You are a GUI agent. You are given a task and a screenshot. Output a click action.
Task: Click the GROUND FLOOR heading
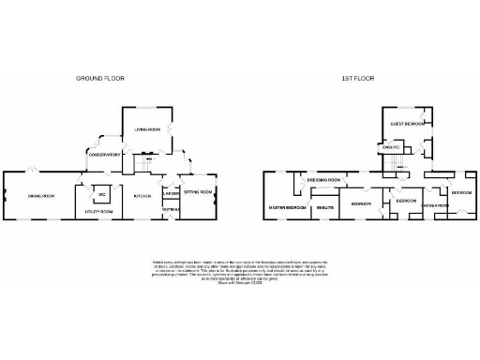click(x=100, y=79)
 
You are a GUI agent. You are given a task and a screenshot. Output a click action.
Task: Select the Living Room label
click(x=146, y=130)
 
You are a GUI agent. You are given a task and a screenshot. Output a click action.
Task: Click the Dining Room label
click(x=40, y=196)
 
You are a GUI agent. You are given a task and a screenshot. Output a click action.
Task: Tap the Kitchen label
click(x=142, y=196)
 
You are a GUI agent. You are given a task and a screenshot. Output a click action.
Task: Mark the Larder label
click(x=171, y=194)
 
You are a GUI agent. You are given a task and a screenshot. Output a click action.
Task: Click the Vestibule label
click(x=171, y=209)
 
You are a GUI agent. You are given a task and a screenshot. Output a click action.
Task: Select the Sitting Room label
click(x=198, y=192)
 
